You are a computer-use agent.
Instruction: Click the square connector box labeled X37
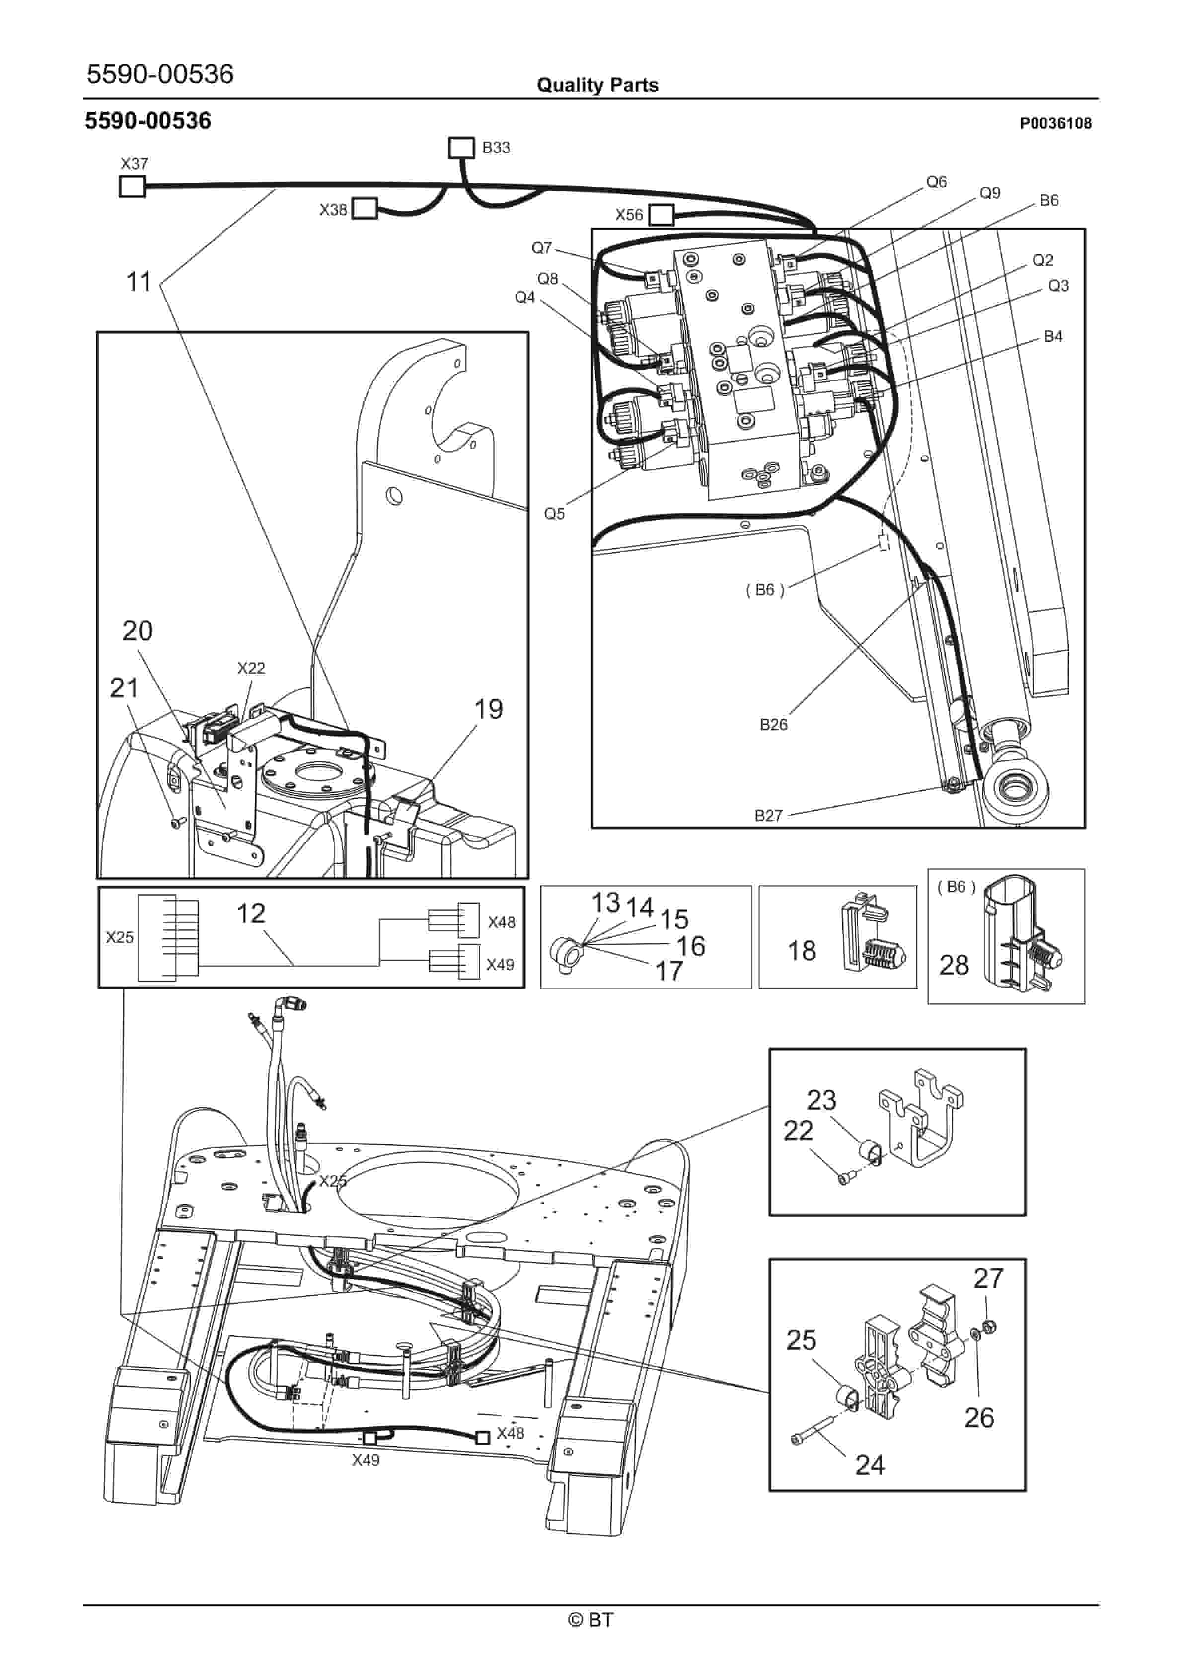(x=132, y=187)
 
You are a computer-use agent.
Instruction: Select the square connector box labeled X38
(x=365, y=209)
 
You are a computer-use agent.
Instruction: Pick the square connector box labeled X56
(x=661, y=214)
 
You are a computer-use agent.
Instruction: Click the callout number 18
(x=802, y=950)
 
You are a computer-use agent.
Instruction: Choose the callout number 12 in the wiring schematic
(x=251, y=913)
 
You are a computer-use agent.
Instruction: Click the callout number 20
(x=137, y=630)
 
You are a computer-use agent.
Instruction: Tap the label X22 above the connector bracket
(x=251, y=668)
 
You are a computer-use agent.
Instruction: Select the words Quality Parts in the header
(x=597, y=85)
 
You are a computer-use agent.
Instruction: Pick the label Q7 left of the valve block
(x=541, y=248)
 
